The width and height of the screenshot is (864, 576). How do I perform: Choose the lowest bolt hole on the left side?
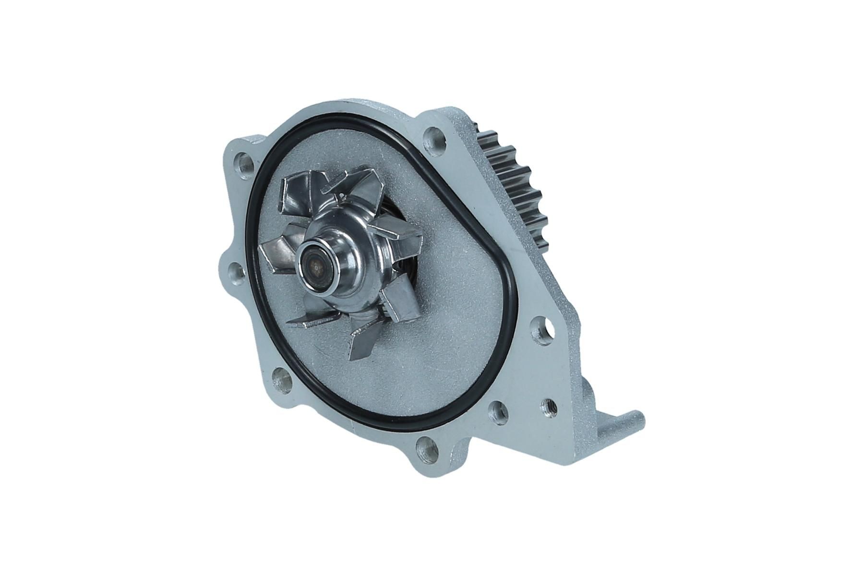point(282,380)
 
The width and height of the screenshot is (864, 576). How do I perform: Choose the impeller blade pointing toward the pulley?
point(401,230)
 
